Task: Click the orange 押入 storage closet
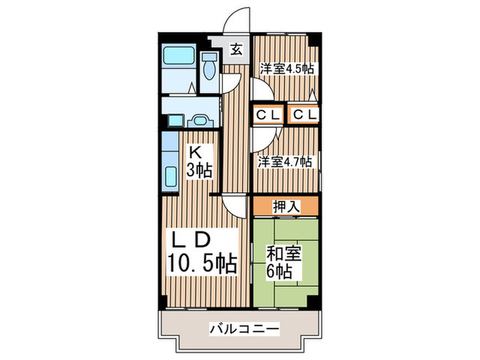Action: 285,205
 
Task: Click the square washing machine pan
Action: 175,121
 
